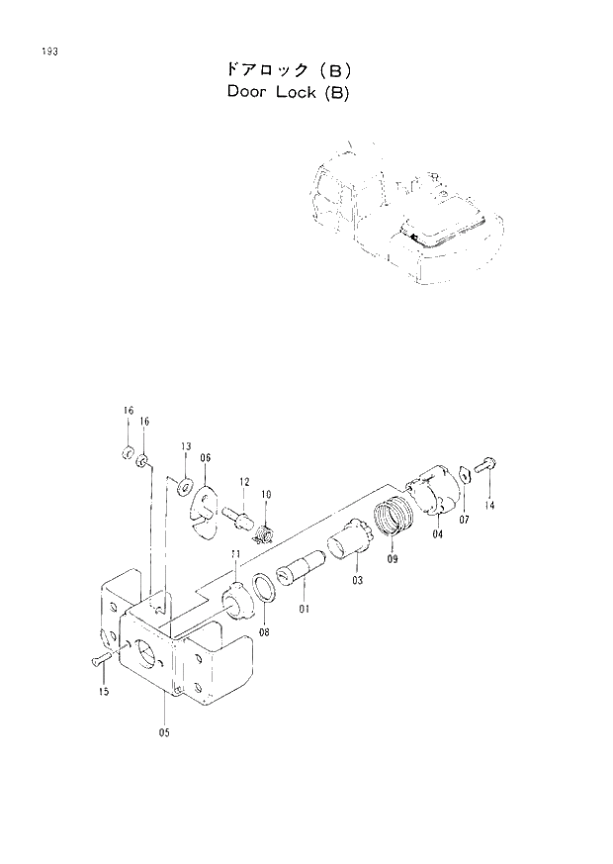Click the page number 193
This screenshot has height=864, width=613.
click(x=46, y=50)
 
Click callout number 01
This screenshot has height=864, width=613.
click(x=305, y=609)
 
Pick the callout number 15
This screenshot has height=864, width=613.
click(x=103, y=692)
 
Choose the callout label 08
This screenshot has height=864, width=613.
click(x=265, y=630)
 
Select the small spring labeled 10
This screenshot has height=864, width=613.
click(x=264, y=535)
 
